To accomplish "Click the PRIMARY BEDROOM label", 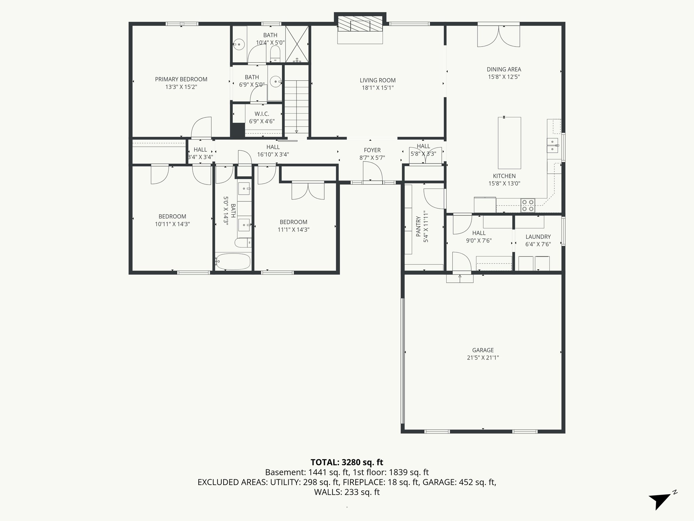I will [181, 79].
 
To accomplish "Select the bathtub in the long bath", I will [233, 261].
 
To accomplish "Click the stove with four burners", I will [528, 205].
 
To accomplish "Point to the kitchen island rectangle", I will [509, 143].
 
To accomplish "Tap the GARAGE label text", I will [483, 350].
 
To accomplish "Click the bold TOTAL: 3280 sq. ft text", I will [347, 462].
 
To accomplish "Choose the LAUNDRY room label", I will [538, 237].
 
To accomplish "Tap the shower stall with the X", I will [297, 44].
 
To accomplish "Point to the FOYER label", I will [372, 150].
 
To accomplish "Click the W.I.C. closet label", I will [262, 114].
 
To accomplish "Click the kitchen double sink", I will [552, 145].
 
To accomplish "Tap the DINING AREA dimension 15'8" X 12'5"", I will [504, 77].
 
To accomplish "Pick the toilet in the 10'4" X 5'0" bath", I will [275, 54].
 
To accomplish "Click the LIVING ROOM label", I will [377, 80].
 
